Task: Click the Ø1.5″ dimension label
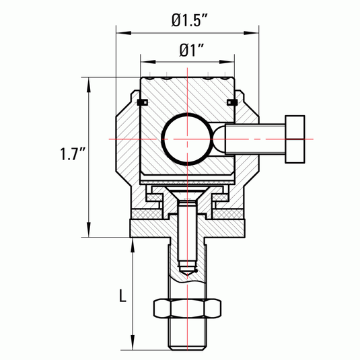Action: (190, 20)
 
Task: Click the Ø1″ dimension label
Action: (192, 50)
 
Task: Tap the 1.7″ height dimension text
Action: (73, 153)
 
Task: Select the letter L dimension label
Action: (123, 295)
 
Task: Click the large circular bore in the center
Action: (187, 139)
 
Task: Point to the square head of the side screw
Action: (295, 139)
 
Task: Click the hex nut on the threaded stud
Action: (187, 308)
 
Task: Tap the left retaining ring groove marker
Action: (143, 102)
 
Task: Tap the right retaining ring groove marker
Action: (232, 102)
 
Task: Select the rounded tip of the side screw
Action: (219, 139)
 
